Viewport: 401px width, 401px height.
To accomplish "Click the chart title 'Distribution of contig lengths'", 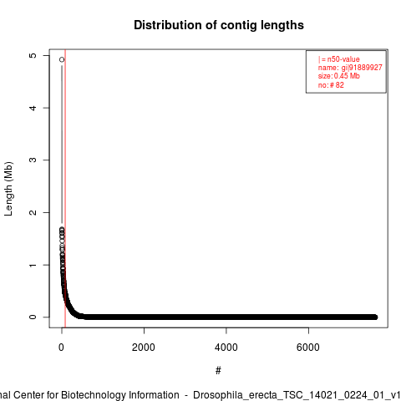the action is pyautogui.click(x=219, y=25).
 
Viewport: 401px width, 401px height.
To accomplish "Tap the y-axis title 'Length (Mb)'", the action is pyautogui.click(x=8, y=189).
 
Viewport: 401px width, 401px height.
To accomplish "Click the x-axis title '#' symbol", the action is pyautogui.click(x=218, y=371).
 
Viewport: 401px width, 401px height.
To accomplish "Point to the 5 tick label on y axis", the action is pyautogui.click(x=33, y=55).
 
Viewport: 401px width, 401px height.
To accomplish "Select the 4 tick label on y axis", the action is pyautogui.click(x=33, y=108).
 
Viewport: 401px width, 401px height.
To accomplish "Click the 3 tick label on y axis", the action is pyautogui.click(x=33, y=160).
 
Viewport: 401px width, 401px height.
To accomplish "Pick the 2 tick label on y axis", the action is pyautogui.click(x=33, y=212).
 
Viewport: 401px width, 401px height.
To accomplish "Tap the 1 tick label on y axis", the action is pyautogui.click(x=33, y=265).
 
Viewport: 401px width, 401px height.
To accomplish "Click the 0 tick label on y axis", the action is pyautogui.click(x=33, y=317).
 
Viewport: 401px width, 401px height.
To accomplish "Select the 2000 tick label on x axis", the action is pyautogui.click(x=144, y=348).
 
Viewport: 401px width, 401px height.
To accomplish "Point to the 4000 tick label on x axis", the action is pyautogui.click(x=226, y=348).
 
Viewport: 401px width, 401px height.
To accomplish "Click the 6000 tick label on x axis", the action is pyautogui.click(x=308, y=348).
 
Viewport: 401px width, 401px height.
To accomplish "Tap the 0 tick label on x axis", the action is pyautogui.click(x=61, y=348).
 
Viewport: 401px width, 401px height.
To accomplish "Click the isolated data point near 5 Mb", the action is pyautogui.click(x=62, y=59).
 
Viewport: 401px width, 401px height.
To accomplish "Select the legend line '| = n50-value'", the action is pyautogui.click(x=339, y=59).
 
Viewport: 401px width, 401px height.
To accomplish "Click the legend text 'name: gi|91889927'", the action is pyautogui.click(x=350, y=68).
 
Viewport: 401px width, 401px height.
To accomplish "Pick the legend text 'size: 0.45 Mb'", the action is pyautogui.click(x=339, y=76).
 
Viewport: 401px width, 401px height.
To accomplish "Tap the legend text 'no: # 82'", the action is pyautogui.click(x=331, y=85).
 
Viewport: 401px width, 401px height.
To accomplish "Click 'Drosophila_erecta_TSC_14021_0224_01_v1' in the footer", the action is pyautogui.click(x=297, y=395).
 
